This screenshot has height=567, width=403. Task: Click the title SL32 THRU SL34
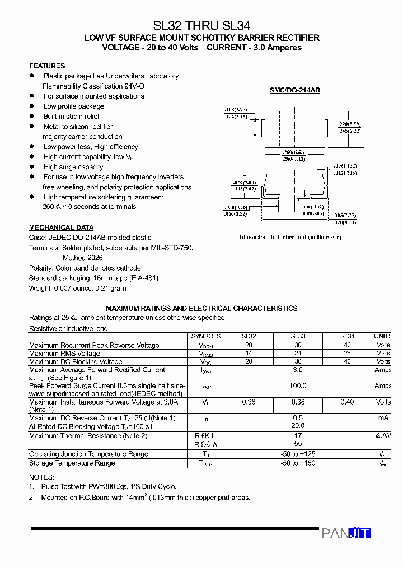[x=201, y=25]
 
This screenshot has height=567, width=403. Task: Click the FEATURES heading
[x=47, y=66]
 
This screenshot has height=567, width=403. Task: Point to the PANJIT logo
[x=346, y=533]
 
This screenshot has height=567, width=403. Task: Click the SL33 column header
[x=298, y=336]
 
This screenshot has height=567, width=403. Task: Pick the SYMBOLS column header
[x=206, y=336]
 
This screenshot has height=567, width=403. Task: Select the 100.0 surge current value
[x=298, y=386]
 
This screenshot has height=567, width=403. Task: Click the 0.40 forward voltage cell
[x=347, y=402]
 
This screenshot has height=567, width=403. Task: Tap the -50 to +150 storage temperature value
[x=298, y=463]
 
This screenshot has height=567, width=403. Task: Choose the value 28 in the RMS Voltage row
[x=347, y=354]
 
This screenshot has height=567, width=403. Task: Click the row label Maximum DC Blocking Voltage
[x=76, y=362]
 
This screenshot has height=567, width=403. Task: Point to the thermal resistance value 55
[x=298, y=443]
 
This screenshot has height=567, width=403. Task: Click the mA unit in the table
[x=383, y=418]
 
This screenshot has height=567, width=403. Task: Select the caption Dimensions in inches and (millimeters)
[x=290, y=238]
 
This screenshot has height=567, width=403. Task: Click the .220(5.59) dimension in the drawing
[x=350, y=124]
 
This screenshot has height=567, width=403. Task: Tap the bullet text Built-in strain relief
[x=72, y=117]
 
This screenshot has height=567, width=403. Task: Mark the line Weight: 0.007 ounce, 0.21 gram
[x=78, y=288]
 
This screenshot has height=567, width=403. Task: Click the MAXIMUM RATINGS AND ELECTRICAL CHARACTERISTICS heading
[x=201, y=309]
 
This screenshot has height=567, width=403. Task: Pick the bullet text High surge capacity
[x=73, y=167]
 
